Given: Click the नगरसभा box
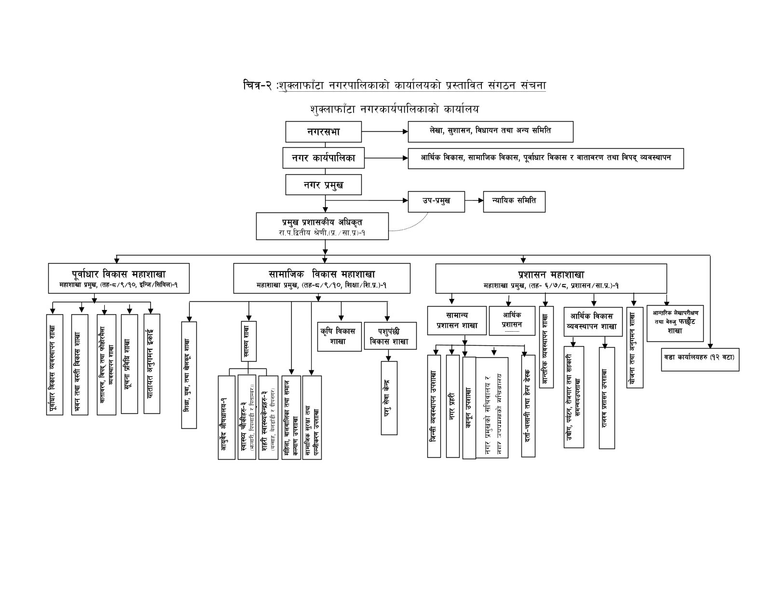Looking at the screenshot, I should tap(323, 132).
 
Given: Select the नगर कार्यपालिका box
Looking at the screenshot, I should tap(323, 158).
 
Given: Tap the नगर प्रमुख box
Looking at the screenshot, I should tap(323, 184).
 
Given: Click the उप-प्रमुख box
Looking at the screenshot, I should tap(436, 201).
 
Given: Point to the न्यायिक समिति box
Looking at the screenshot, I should tap(514, 201).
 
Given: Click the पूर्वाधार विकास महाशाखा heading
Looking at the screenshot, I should tap(118, 274).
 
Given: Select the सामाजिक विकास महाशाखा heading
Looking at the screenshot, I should tap(322, 274).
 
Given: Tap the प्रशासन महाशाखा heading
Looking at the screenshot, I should tap(551, 274).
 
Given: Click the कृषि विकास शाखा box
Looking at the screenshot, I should tap(338, 336).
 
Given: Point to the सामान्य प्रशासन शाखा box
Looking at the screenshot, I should tap(457, 320).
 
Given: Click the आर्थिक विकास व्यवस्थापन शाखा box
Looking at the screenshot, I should tap(591, 321).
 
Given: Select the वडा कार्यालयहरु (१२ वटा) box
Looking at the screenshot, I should tap(699, 357).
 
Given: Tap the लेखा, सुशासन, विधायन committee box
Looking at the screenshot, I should tap(490, 131).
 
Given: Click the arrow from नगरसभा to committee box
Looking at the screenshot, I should tap(384, 131).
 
